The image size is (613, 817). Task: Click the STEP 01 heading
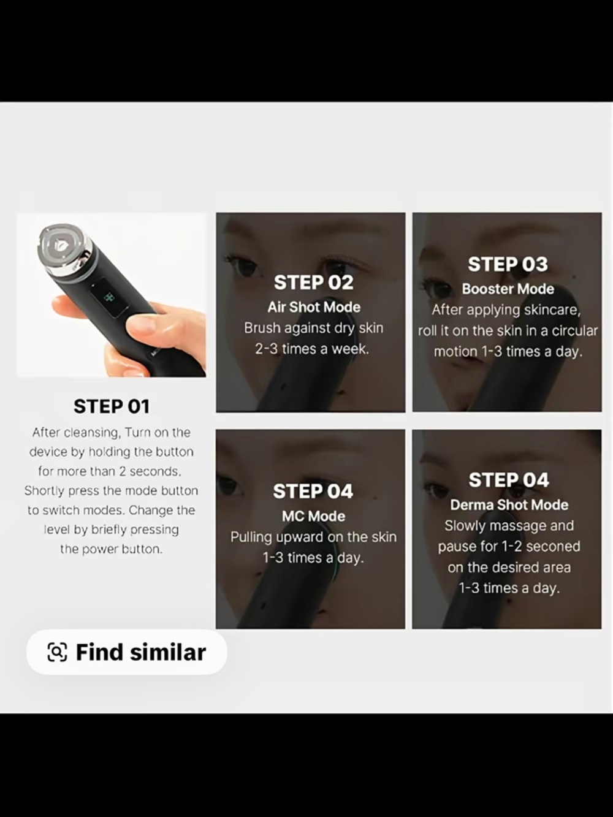tap(112, 406)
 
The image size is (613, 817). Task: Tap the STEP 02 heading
tap(313, 282)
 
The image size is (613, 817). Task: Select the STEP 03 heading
tap(508, 264)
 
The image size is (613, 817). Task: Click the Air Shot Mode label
tap(314, 307)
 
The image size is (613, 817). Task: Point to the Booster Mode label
tap(508, 289)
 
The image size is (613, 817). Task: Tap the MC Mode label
tap(313, 516)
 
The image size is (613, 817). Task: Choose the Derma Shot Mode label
tap(509, 504)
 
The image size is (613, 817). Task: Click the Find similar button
tap(126, 653)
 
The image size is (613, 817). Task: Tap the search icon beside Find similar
tap(58, 653)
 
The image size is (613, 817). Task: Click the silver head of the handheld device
tap(64, 249)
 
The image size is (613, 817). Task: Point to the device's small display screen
tap(109, 297)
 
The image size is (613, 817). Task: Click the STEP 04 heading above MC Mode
tap(313, 491)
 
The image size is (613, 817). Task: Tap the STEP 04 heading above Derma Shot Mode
tap(509, 480)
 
